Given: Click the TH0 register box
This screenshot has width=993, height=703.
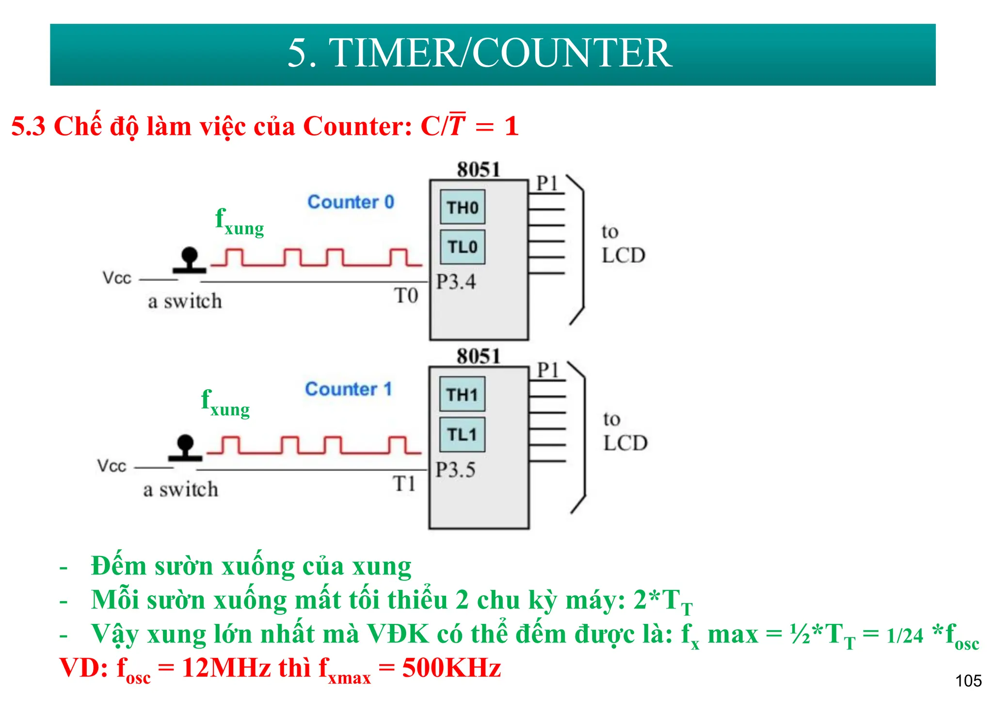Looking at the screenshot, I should (462, 207).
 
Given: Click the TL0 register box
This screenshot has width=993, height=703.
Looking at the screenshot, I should (462, 247).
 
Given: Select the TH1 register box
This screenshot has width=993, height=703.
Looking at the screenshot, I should (462, 394).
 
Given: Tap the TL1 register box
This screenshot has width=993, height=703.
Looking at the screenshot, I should (462, 434).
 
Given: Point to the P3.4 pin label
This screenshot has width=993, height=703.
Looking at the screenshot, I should (456, 282).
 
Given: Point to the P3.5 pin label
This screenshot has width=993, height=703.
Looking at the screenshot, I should (455, 470).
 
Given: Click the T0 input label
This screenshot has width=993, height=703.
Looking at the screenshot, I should (406, 295).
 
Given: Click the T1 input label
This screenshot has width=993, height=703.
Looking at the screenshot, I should (404, 484).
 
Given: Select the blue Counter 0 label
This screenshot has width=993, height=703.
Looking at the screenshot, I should (351, 202).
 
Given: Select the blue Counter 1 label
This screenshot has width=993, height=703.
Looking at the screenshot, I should (348, 389).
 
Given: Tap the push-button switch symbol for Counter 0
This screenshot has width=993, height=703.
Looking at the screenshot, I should (189, 260).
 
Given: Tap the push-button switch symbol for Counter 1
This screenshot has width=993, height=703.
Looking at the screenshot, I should (185, 447).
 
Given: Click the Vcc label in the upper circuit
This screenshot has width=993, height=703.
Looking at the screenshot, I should (117, 278).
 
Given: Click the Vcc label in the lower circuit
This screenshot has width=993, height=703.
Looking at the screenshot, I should (112, 466).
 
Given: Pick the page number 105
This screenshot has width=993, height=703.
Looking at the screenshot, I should (968, 681).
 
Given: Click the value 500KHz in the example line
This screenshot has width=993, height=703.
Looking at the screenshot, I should (451, 668).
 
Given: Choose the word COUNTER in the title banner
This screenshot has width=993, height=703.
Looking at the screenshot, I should (572, 53).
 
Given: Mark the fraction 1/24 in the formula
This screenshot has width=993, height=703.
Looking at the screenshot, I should (905, 636).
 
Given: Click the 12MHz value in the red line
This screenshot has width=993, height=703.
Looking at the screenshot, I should (226, 668).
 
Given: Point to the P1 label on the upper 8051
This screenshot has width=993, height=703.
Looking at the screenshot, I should (547, 183).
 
